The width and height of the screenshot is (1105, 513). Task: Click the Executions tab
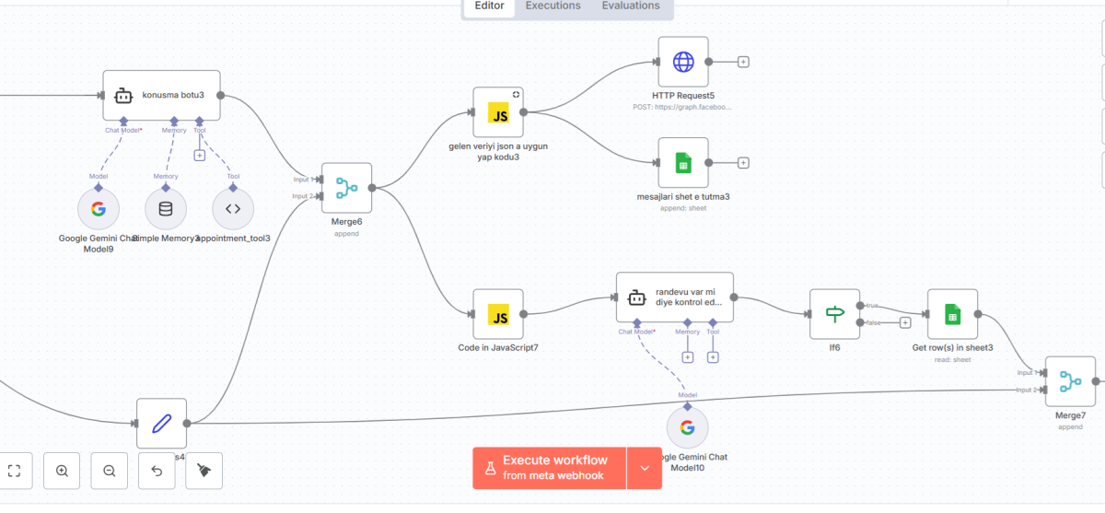pyautogui.click(x=552, y=6)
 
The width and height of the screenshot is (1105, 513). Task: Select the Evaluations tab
pyautogui.click(x=631, y=6)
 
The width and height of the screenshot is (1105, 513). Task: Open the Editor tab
pyautogui.click(x=489, y=6)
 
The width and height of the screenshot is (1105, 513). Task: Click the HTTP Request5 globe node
pyautogui.click(x=683, y=62)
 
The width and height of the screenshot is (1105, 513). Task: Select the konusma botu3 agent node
pyautogui.click(x=161, y=95)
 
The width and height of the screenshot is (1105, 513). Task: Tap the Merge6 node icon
pyautogui.click(x=346, y=188)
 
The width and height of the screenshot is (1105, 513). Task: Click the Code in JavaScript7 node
pyautogui.click(x=498, y=314)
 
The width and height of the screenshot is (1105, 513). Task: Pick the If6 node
pyautogui.click(x=834, y=314)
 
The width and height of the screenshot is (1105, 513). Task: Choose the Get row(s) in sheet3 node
pyautogui.click(x=952, y=314)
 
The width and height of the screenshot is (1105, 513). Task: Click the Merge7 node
pyautogui.click(x=1070, y=380)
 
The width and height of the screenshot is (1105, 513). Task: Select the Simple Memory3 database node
pyautogui.click(x=166, y=208)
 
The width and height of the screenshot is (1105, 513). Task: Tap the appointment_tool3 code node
pyautogui.click(x=233, y=208)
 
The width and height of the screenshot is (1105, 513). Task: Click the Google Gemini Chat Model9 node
pyautogui.click(x=99, y=208)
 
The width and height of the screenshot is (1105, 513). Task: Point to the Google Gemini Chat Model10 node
pyautogui.click(x=687, y=427)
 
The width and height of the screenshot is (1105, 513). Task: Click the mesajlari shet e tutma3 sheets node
pyautogui.click(x=683, y=163)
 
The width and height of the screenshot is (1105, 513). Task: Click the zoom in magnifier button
pyautogui.click(x=62, y=471)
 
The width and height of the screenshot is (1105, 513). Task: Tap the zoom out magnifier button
pyautogui.click(x=110, y=471)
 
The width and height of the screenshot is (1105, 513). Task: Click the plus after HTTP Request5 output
pyautogui.click(x=743, y=62)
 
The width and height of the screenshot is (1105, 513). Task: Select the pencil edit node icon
pyautogui.click(x=161, y=424)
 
